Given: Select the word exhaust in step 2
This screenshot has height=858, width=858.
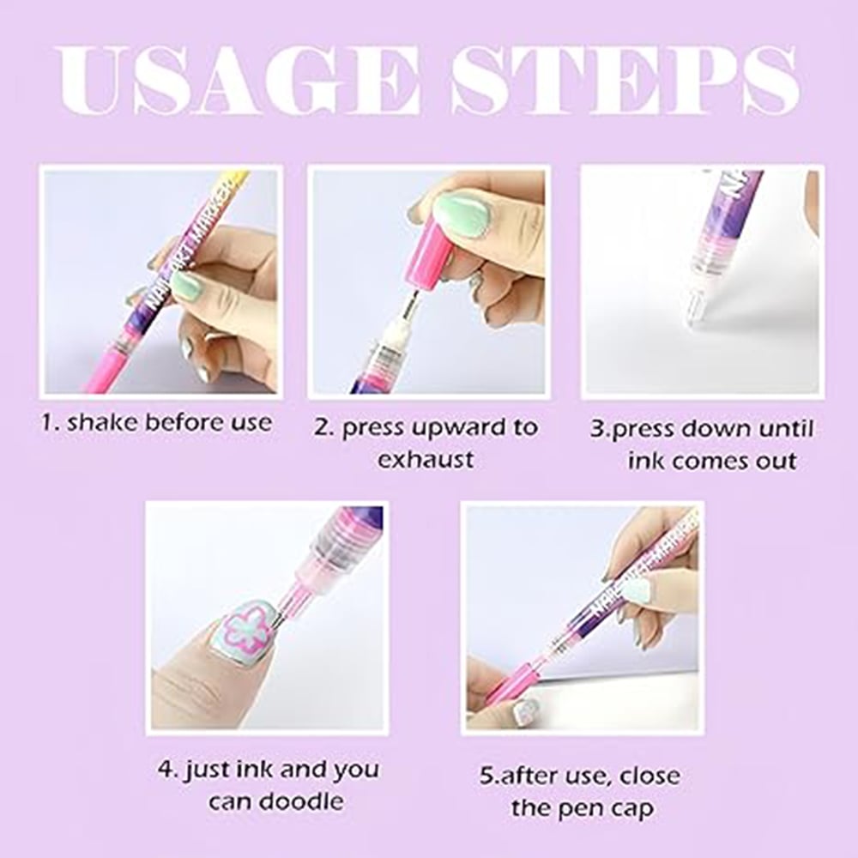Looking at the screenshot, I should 426,459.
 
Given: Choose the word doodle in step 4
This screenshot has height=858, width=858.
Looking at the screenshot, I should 299,802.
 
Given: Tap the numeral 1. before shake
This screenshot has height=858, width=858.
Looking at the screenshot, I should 51,422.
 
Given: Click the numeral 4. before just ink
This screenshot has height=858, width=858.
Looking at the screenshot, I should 166,770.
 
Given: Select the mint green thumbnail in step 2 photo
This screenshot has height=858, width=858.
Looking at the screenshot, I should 462,215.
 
